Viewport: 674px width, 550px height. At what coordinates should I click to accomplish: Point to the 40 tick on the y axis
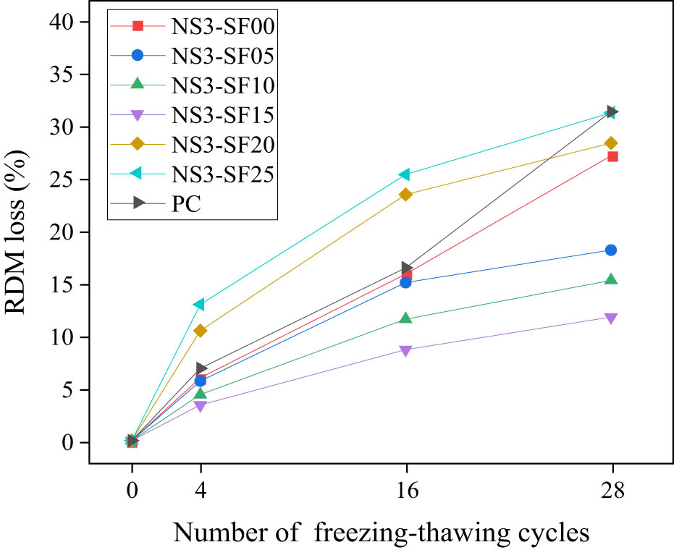pos(62,22)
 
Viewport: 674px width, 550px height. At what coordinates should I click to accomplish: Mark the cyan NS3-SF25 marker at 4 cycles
pos(200,305)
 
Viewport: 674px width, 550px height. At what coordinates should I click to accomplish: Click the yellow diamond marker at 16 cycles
pos(406,194)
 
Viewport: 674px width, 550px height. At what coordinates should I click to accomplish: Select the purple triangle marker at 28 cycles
pos(612,318)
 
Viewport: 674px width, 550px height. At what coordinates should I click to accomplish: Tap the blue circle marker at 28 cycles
pos(612,250)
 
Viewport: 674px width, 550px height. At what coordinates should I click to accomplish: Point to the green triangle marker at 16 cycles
pos(406,318)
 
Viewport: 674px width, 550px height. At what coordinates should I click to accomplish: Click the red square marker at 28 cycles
pos(612,156)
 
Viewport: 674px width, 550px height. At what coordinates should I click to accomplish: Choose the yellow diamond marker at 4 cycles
pos(201,331)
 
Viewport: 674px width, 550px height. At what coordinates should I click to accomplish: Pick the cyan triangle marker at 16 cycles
pos(405,174)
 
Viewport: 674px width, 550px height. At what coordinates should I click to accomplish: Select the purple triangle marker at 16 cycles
pos(406,351)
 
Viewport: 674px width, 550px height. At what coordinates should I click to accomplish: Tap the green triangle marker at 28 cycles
pos(612,279)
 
